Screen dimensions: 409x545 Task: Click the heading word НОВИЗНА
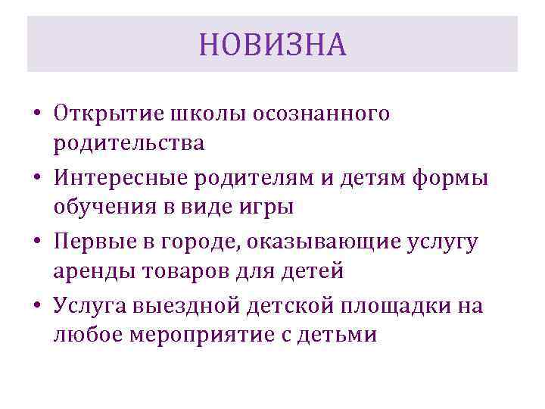[272, 45]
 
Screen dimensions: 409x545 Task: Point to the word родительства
[129, 142]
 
